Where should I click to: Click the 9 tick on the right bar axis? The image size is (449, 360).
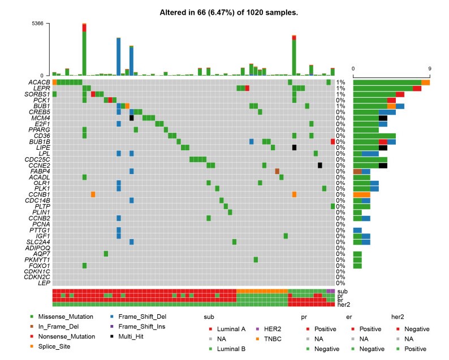point(429,69)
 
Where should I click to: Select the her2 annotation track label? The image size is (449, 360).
point(342,305)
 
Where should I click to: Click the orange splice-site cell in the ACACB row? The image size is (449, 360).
point(54,83)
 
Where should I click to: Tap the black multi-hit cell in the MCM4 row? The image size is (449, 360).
point(131,118)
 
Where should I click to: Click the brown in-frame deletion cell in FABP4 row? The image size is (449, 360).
point(277,171)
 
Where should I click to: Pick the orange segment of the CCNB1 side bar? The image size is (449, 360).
point(361,194)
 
